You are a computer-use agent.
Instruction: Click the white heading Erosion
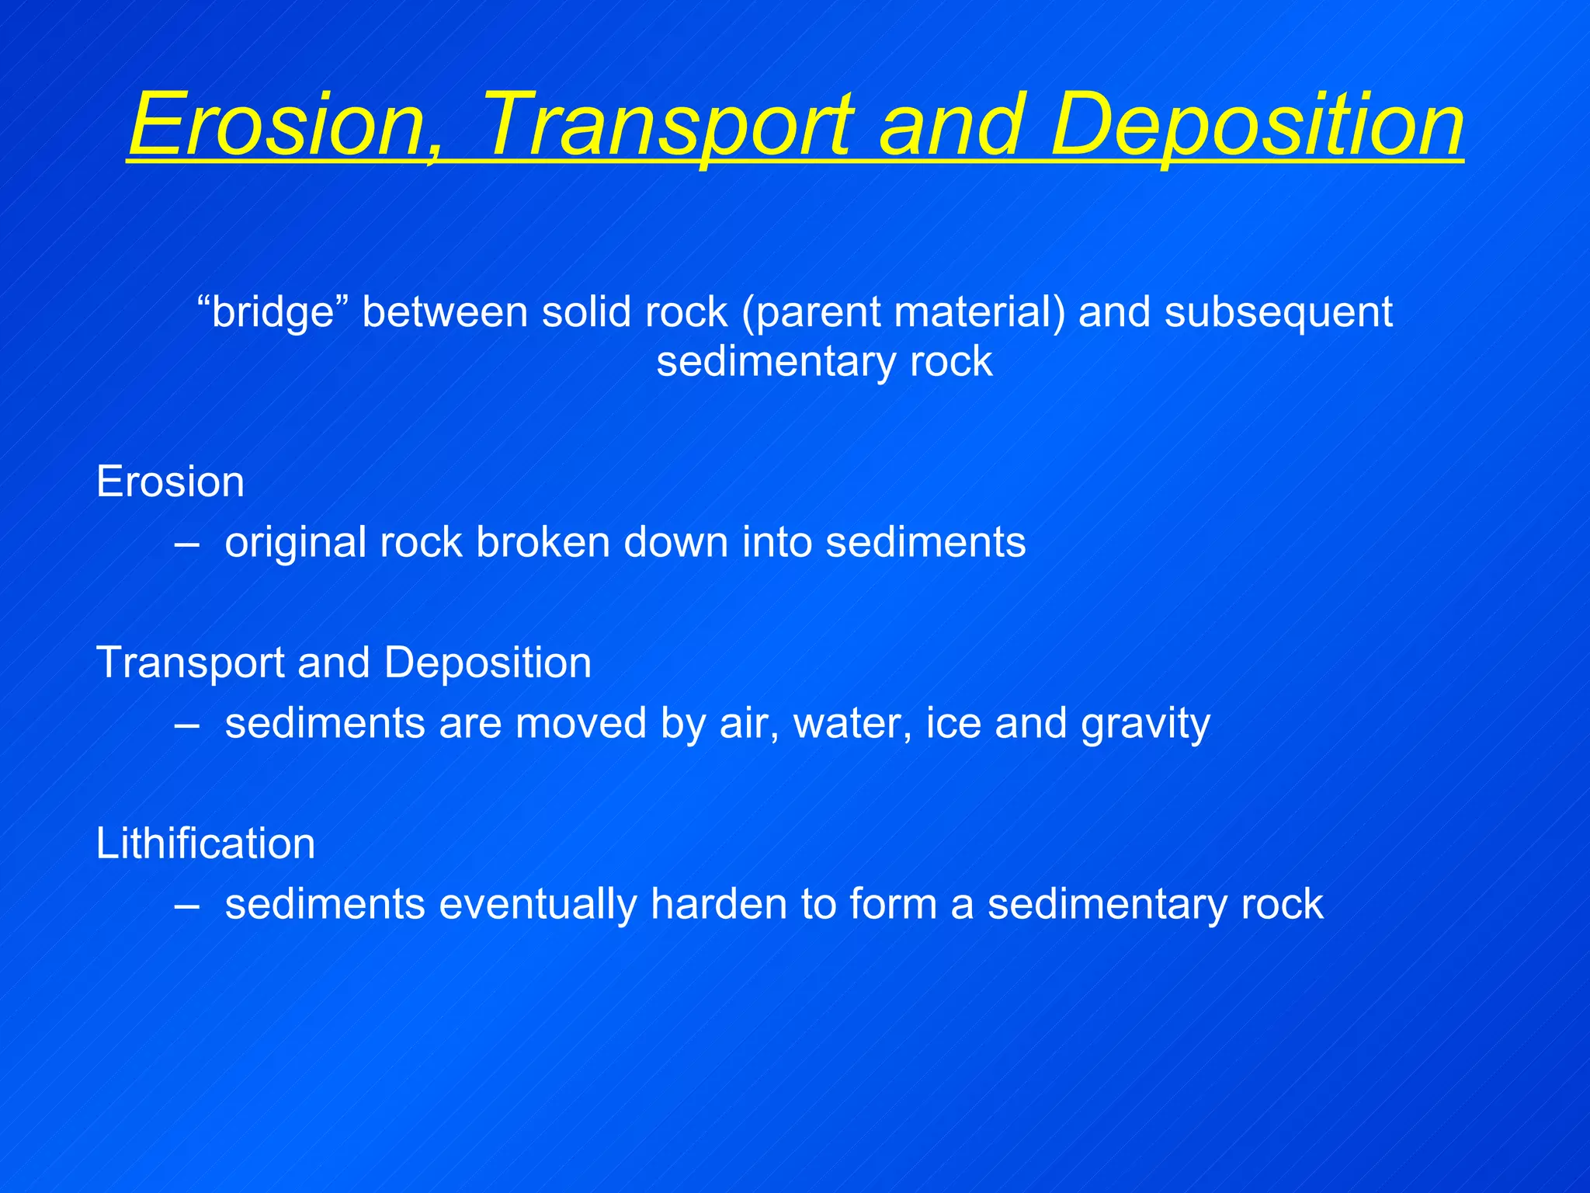pos(170,482)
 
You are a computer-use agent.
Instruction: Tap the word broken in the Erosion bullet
pos(543,542)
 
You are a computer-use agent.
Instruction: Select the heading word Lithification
pos(205,843)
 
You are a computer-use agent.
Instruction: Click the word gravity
pos(1145,724)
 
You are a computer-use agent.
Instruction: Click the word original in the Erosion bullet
pos(295,542)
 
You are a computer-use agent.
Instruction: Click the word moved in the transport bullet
pos(581,724)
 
